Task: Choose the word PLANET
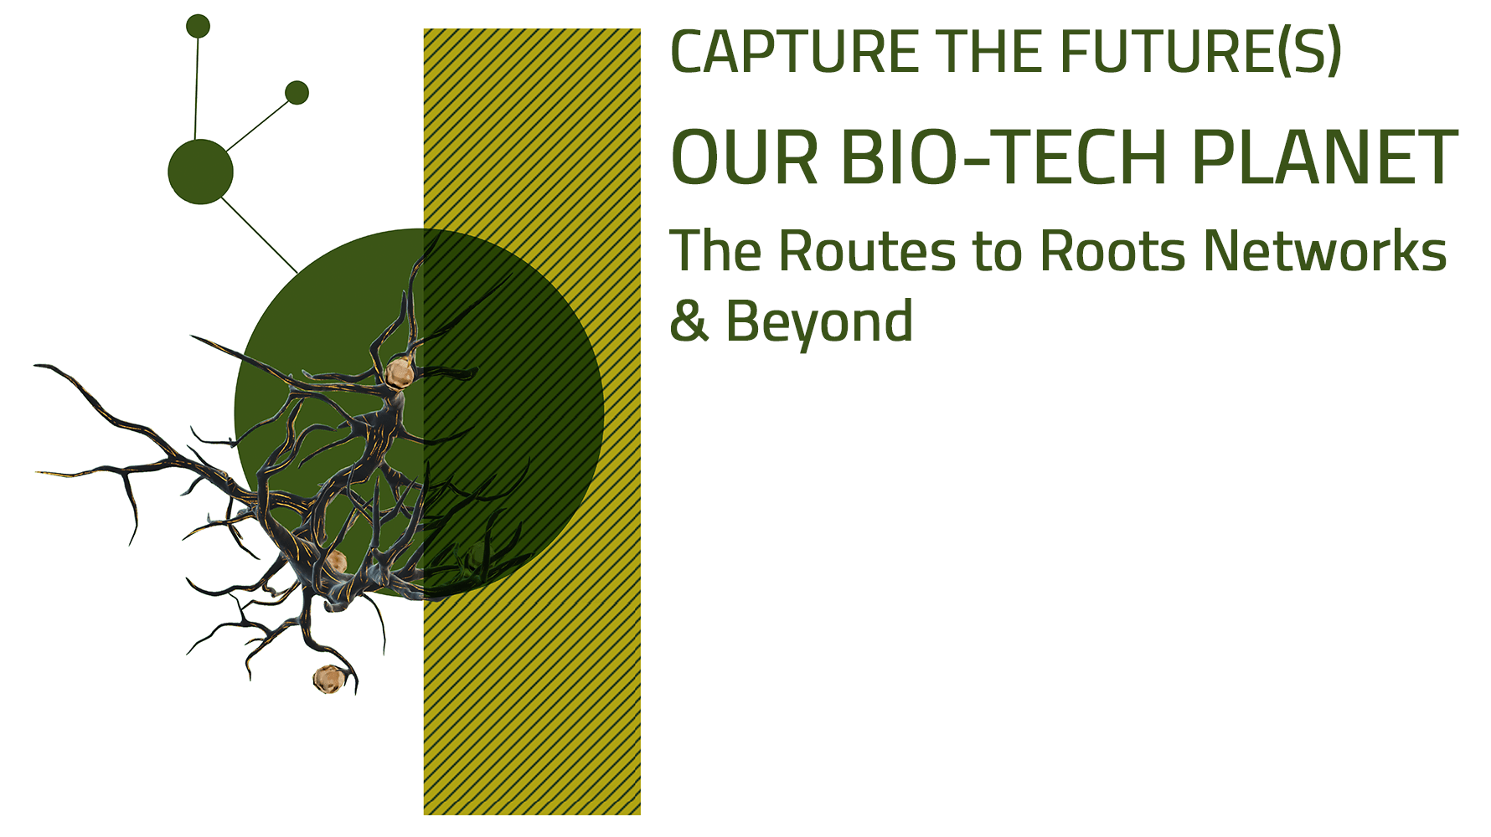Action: coord(1324,158)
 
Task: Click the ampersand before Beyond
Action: coord(689,321)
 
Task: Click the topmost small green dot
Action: coord(198,26)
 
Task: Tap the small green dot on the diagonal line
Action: coord(297,92)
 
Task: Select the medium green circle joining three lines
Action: coord(200,172)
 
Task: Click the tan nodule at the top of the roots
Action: coord(400,372)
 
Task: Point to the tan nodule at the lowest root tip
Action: coord(328,679)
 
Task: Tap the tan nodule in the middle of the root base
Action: coord(336,562)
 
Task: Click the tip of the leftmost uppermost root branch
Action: coord(37,366)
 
